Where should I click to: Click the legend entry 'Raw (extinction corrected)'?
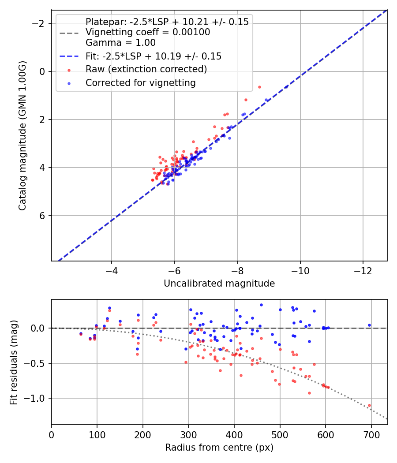pyautogui.click(x=146, y=69)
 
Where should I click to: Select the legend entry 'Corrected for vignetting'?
pyautogui.click(x=141, y=82)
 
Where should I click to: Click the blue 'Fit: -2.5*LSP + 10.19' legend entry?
pyautogui.click(x=153, y=56)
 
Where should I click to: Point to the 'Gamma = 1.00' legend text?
pyautogui.click(x=120, y=43)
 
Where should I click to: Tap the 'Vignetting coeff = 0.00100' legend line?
pyautogui.click(x=148, y=32)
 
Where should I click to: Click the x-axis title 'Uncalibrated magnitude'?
pyautogui.click(x=219, y=284)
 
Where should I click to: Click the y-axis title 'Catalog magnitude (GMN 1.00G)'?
pyautogui.click(x=23, y=135)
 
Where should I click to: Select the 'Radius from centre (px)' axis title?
pyautogui.click(x=219, y=448)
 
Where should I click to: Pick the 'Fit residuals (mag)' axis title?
pyautogui.click(x=14, y=362)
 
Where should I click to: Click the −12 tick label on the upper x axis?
pyautogui.click(x=363, y=270)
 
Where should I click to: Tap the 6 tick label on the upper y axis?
pyautogui.click(x=42, y=216)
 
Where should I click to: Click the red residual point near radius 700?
pyautogui.click(x=369, y=405)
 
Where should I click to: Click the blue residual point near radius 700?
pyautogui.click(x=369, y=325)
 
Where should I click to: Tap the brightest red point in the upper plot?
pyautogui.click(x=259, y=87)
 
